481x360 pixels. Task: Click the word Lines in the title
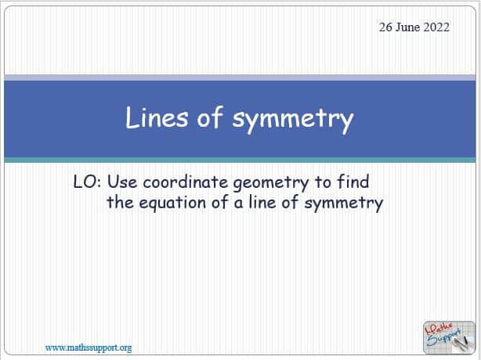point(157,117)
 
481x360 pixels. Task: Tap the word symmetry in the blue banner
point(293,120)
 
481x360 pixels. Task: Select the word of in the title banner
point(210,117)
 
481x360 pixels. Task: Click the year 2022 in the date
point(436,27)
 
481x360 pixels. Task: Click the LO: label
point(88,182)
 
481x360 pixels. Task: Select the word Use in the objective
point(122,182)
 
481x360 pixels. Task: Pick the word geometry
point(271,183)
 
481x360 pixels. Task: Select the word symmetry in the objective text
point(344,203)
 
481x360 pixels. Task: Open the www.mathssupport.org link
point(89,347)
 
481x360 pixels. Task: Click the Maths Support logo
point(449,337)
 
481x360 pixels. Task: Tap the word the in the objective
point(120,202)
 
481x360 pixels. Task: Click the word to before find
point(323,182)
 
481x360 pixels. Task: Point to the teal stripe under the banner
point(240,160)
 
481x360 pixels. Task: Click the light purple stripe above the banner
point(240,77)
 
